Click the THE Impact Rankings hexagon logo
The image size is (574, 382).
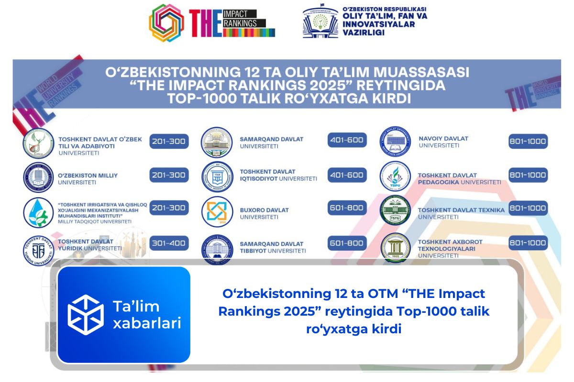[x=166, y=22]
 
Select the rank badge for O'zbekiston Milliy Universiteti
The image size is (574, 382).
[x=169, y=175]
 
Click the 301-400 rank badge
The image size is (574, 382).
[x=169, y=244]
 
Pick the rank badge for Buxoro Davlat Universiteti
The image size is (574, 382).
[x=347, y=209]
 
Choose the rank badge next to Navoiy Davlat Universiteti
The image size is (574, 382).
[x=528, y=141]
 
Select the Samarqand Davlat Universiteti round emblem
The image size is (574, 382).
[x=217, y=142]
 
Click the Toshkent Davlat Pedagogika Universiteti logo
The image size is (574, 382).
[x=395, y=177]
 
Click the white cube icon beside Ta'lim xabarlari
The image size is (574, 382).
[x=86, y=315]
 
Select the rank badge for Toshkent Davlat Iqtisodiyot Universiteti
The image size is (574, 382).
[x=347, y=175]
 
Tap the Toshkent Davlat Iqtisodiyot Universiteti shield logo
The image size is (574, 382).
[x=217, y=177]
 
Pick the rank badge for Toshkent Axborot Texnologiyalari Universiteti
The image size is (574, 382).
[x=528, y=243]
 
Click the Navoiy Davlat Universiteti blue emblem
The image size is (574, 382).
[x=395, y=142]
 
